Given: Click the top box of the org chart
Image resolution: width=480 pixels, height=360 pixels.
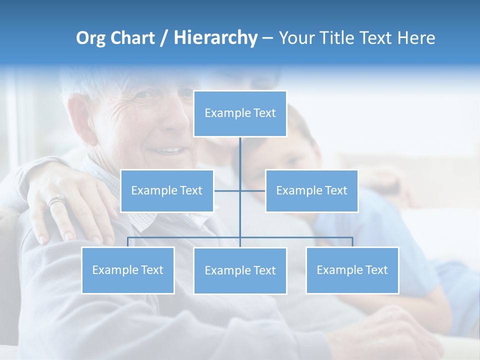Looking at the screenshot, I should click(240, 113).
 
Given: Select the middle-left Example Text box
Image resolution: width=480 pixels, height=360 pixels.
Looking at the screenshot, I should click(167, 190).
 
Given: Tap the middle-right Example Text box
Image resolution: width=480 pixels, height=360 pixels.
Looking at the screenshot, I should click(311, 190).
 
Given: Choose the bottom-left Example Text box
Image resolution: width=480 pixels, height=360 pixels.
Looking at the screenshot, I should click(128, 270).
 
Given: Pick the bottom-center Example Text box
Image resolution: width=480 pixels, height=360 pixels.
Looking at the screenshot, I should click(240, 270).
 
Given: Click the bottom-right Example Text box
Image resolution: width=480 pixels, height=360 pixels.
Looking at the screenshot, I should click(352, 270).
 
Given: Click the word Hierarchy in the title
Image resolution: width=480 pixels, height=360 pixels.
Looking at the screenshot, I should click(215, 38).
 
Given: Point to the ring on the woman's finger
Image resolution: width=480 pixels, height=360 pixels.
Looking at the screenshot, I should click(55, 201).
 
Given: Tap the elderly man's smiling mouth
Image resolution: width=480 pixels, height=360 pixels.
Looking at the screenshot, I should click(167, 150).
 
